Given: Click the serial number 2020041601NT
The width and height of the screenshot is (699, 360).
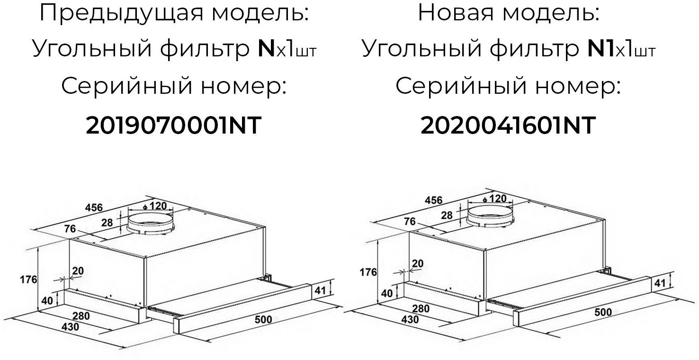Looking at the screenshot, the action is (508, 126).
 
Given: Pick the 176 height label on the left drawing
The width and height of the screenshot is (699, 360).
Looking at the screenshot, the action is (28, 279).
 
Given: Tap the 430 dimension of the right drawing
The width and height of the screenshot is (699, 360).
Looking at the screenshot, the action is (410, 319).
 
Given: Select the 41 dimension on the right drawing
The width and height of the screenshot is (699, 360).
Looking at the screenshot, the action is (659, 283).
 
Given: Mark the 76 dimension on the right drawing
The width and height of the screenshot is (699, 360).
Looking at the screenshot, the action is (410, 222).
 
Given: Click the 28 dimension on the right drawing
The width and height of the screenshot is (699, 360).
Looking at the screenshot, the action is (446, 215).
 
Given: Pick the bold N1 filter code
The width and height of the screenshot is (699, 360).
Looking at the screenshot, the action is (600, 49).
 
